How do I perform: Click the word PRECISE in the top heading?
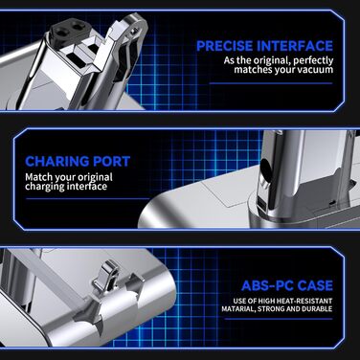click(x=221, y=45)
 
